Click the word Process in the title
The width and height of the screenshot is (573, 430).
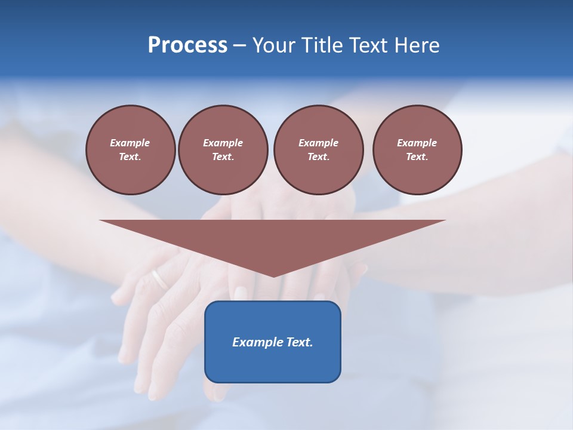click(187, 45)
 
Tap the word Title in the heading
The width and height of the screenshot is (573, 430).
click(319, 45)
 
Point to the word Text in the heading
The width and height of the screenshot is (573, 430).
click(368, 45)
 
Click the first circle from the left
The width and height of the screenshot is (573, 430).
click(130, 149)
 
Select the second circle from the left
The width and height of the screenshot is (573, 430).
click(223, 149)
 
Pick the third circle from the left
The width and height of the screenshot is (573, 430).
click(318, 149)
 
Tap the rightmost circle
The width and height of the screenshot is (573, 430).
click(417, 149)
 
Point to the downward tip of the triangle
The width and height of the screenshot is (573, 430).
click(273, 275)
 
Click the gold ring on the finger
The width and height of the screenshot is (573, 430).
click(159, 279)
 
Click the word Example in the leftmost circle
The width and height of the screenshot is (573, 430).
click(130, 143)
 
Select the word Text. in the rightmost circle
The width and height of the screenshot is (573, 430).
click(417, 156)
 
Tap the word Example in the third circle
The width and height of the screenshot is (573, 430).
click(318, 143)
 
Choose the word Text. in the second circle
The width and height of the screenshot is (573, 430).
click(223, 156)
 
